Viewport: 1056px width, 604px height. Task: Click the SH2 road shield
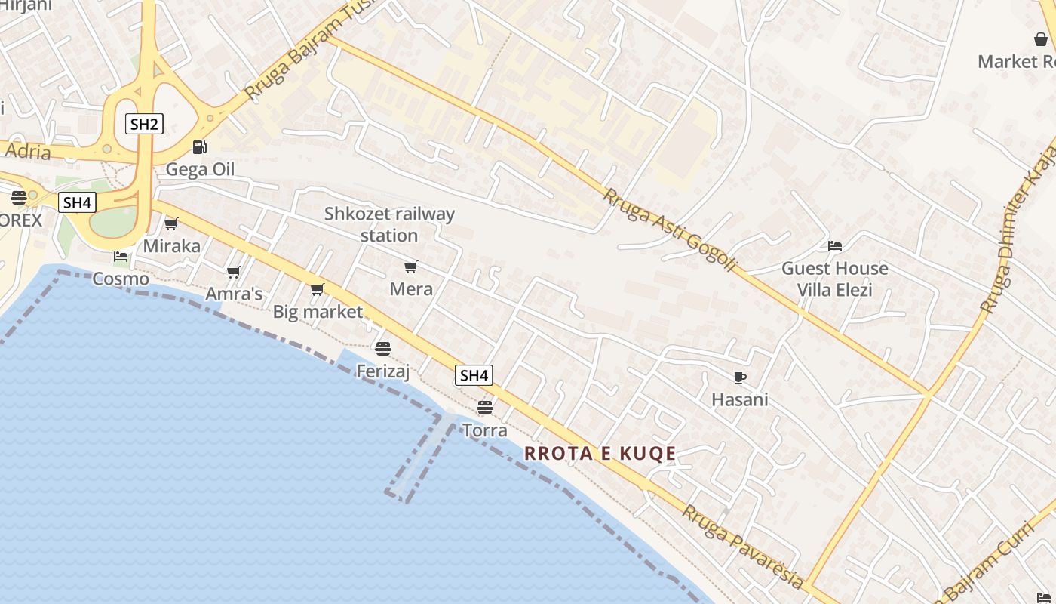(x=143, y=124)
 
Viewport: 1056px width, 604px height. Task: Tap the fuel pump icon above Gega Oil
(x=199, y=147)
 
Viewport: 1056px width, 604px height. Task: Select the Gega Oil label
(x=200, y=169)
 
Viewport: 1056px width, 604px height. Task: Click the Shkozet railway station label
(x=389, y=224)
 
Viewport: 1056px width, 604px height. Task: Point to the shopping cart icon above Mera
(x=411, y=267)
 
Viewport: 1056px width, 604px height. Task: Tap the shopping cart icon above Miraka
(x=171, y=224)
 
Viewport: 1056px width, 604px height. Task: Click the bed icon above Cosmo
(x=121, y=257)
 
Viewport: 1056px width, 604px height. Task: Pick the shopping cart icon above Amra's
(x=234, y=272)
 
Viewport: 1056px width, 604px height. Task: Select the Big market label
(x=318, y=311)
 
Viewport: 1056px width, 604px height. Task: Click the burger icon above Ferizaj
(x=383, y=349)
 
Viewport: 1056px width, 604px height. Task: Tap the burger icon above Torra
(x=485, y=408)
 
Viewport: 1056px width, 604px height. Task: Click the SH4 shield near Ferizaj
(x=474, y=375)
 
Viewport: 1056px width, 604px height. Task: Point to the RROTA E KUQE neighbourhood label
(x=600, y=453)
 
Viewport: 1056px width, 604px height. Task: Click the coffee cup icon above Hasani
(x=739, y=377)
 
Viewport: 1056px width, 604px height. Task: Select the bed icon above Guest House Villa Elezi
(x=834, y=246)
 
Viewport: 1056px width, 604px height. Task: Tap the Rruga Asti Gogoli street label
(x=668, y=230)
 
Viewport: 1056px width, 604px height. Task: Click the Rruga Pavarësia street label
(x=743, y=546)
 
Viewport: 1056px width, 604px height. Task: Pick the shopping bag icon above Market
(x=1041, y=39)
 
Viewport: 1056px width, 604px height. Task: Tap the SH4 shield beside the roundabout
(x=77, y=202)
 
